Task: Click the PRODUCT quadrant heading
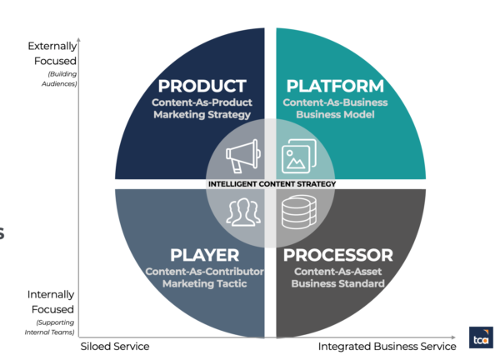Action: [202, 86]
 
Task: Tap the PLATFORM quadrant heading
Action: [335, 86]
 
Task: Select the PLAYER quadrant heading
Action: [204, 255]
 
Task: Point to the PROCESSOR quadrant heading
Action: [339, 255]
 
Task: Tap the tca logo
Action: [481, 337]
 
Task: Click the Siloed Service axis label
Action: [115, 346]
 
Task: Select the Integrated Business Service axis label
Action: [387, 346]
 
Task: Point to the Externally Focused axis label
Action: [52, 53]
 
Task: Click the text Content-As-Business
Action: [335, 102]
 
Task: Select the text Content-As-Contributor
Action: [204, 272]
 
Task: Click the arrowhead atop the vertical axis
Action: [79, 39]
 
